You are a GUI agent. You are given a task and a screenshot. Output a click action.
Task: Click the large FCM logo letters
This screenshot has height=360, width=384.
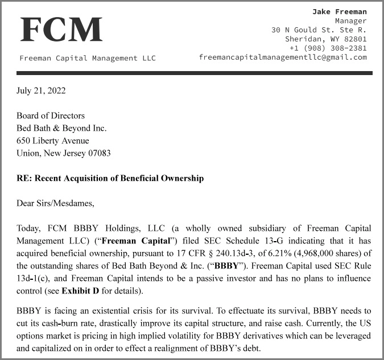click(x=61, y=30)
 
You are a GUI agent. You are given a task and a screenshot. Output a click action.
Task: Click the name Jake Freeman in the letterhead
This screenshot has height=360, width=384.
click(x=340, y=11)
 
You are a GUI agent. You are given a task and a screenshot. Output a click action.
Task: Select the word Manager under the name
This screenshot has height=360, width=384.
click(x=350, y=20)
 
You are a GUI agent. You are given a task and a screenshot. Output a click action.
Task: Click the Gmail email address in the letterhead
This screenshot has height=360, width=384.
click(x=283, y=57)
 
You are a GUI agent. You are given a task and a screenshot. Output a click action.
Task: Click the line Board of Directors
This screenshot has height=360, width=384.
click(x=51, y=115)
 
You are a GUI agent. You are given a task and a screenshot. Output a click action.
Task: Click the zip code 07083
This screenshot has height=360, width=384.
click(x=98, y=153)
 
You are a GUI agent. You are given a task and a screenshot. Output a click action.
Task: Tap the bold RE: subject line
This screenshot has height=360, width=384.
click(x=110, y=178)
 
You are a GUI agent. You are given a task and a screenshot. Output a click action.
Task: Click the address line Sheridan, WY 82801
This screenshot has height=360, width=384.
click(x=326, y=39)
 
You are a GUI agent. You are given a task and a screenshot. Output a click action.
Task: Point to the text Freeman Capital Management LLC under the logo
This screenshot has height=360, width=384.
click(x=88, y=58)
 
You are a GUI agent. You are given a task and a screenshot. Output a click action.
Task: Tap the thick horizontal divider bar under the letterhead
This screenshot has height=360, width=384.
click(x=194, y=73)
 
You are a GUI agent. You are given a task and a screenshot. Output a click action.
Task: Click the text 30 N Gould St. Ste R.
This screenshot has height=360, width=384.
click(x=319, y=30)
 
